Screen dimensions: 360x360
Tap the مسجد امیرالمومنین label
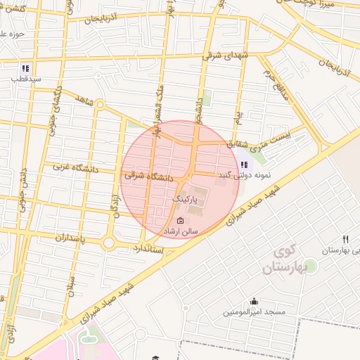pos(254,311)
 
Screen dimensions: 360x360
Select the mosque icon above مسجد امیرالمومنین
pos(254,301)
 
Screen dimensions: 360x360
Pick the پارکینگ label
pos(188,200)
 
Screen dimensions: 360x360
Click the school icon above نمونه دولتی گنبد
pos(244,164)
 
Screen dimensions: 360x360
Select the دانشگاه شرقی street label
pos(148,175)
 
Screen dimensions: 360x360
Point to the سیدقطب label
pos(25,79)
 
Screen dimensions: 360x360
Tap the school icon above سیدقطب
pos(25,69)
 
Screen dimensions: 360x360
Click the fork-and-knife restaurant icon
pos(345,239)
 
